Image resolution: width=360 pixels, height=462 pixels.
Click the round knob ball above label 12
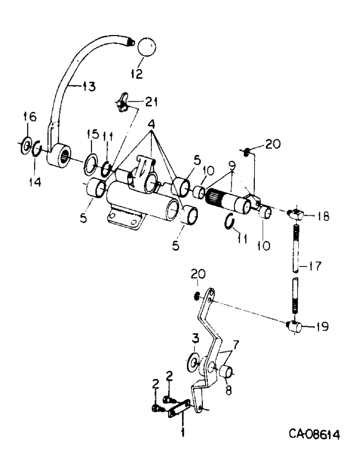(145, 49)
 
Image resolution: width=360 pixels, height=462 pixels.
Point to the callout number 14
(36, 182)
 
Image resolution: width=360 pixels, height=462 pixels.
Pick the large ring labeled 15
(92, 164)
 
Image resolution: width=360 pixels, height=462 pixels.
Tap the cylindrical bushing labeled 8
(226, 371)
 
